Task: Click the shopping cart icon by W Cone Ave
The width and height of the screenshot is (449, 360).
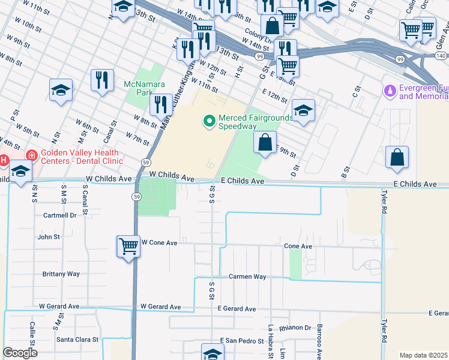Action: pyautogui.click(x=129, y=246)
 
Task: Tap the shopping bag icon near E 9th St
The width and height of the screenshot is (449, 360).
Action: pyautogui.click(x=265, y=143)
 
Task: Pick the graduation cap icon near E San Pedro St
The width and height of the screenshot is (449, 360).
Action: pyautogui.click(x=212, y=353)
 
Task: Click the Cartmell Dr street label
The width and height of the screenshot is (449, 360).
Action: pyautogui.click(x=59, y=215)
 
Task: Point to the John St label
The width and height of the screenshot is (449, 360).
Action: pyautogui.click(x=49, y=237)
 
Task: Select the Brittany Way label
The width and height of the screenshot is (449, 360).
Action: pyautogui.click(x=61, y=274)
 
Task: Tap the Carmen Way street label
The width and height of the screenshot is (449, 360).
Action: pyautogui.click(x=247, y=277)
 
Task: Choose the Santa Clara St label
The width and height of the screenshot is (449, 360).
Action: pyautogui.click(x=77, y=339)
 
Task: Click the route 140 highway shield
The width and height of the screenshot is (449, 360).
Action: pyautogui.click(x=441, y=56)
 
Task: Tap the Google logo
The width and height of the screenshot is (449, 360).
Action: pyautogui.click(x=20, y=353)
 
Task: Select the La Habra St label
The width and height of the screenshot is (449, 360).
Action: pyautogui.click(x=271, y=342)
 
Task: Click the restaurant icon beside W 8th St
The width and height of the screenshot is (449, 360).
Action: pyautogui.click(x=160, y=104)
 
